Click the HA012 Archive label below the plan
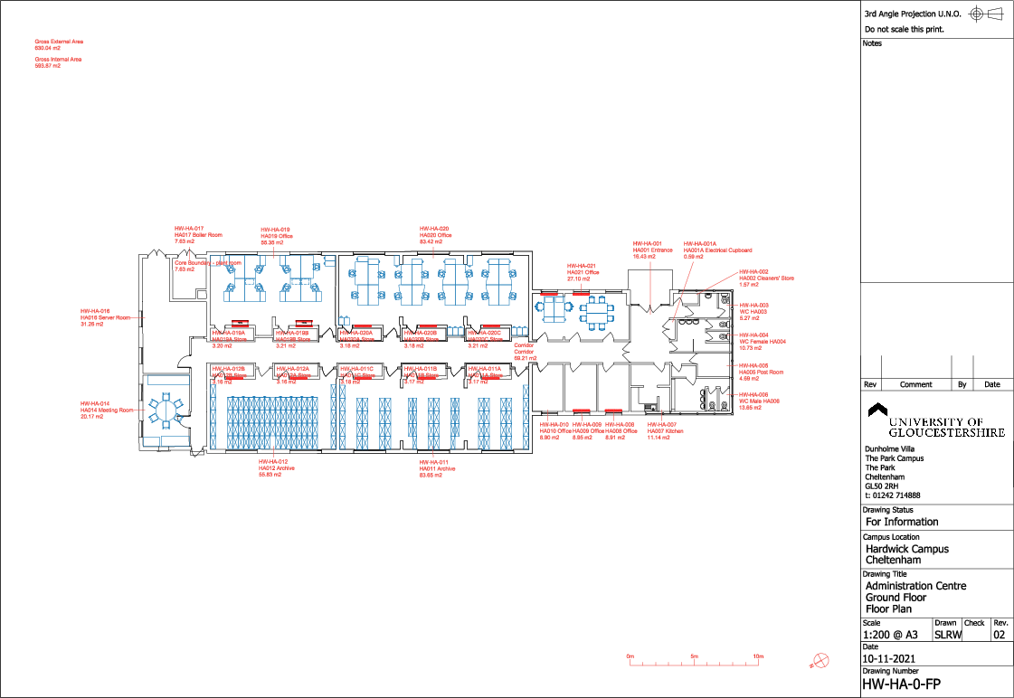(x=271, y=468)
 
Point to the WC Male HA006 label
(x=759, y=401)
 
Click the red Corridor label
(x=526, y=352)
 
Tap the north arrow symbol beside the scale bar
(x=820, y=660)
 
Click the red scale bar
(x=695, y=664)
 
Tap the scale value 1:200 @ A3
(x=894, y=635)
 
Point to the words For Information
(x=902, y=522)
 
